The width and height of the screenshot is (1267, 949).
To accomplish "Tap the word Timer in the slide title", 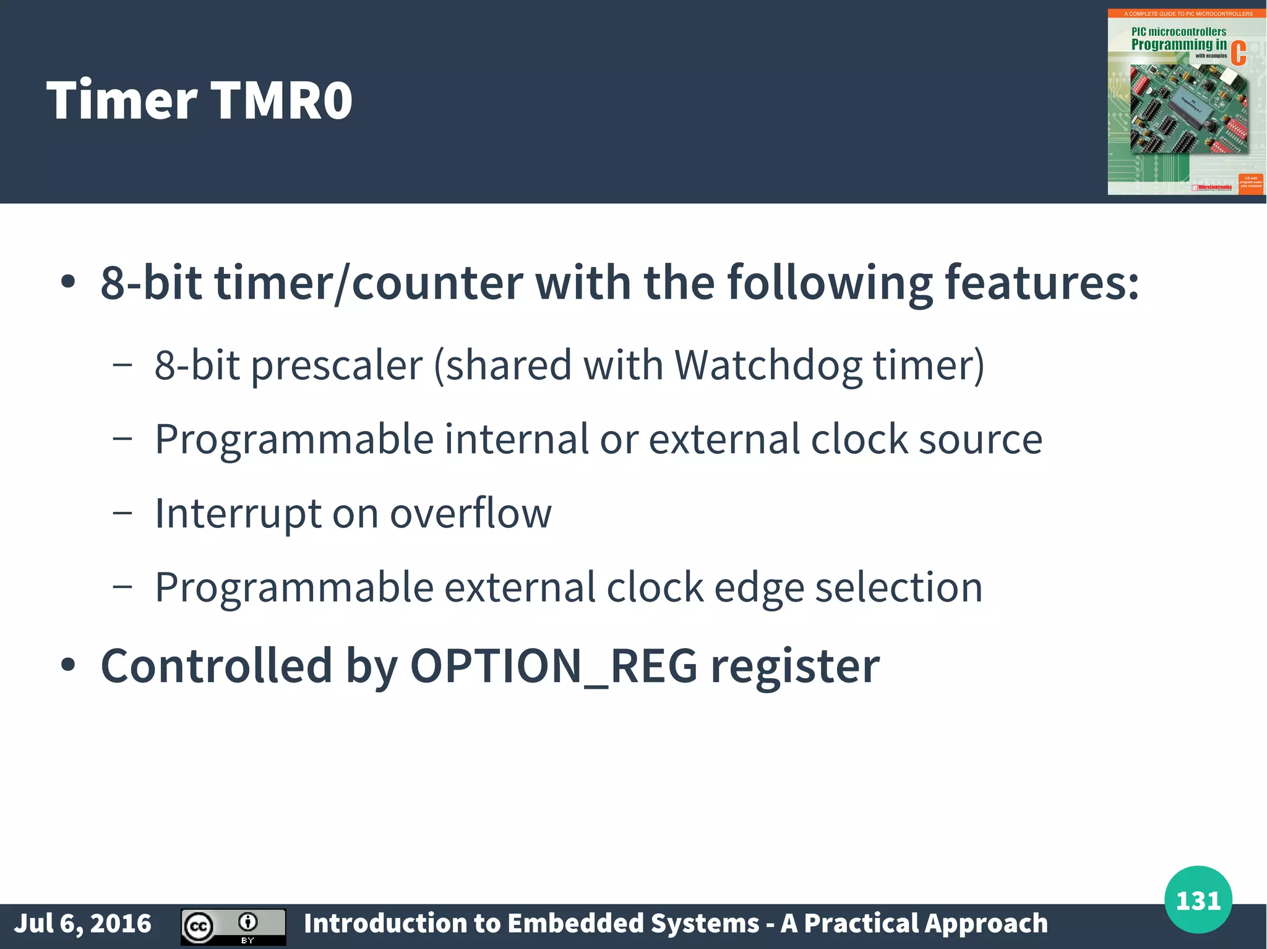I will coord(121,100).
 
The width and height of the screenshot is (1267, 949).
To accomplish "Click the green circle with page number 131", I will coord(1198,900).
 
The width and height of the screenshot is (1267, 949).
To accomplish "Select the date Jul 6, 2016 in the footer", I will coord(83,924).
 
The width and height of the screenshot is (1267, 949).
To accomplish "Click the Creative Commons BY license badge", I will coord(233,927).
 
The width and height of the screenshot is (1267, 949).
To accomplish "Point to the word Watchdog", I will coord(768,365).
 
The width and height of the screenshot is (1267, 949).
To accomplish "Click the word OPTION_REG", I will coord(553,666).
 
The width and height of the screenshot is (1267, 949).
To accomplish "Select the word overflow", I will coord(470,513).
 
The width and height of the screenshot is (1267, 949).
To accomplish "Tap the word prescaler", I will coord(337,366).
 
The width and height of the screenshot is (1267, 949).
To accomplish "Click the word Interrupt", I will coord(238,513).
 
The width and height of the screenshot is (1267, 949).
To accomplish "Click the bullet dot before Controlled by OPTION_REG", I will coord(68,665).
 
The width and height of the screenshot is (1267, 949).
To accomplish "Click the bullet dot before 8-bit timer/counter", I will coord(68,282).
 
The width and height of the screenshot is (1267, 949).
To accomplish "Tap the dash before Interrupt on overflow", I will coord(122,513).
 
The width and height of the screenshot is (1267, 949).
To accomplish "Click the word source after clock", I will coord(981,440).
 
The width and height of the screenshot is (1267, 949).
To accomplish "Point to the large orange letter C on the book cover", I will coord(1238,53).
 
